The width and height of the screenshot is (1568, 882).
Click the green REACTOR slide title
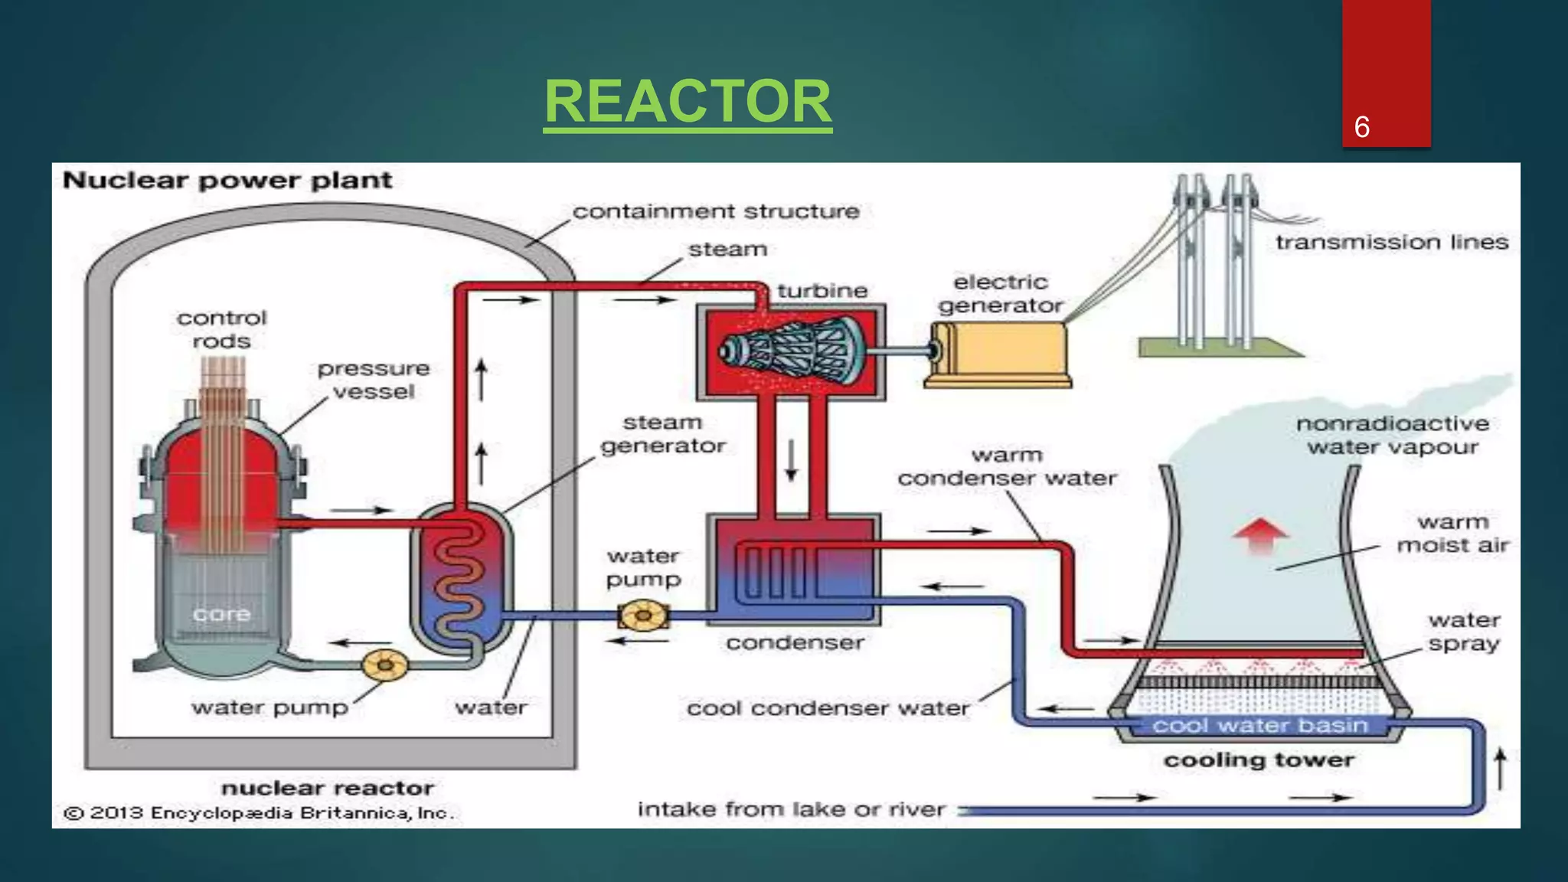point(688,102)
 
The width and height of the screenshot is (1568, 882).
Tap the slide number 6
point(1361,127)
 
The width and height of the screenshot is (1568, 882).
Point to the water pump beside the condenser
point(643,616)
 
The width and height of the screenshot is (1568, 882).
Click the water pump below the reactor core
point(384,665)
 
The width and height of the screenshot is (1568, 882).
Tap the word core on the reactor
point(221,614)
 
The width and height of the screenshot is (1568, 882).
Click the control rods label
point(221,329)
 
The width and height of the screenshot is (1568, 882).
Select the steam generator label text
point(662,434)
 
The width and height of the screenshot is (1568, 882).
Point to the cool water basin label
point(1259,725)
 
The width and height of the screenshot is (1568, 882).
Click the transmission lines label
point(1391,243)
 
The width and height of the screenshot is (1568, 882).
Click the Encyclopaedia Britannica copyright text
point(259,813)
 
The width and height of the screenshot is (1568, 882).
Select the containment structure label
point(716,211)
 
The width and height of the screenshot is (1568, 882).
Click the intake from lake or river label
point(791,809)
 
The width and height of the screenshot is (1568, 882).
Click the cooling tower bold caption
point(1259,760)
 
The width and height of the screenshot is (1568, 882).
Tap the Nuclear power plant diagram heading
point(227,181)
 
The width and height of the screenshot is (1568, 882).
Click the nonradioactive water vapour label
point(1392,435)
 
